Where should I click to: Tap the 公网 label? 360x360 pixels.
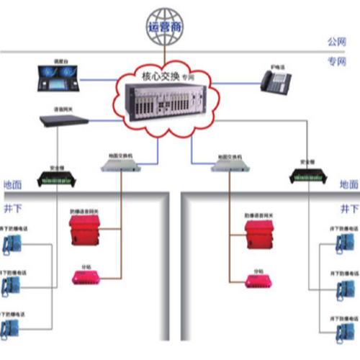pos(337,42)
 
